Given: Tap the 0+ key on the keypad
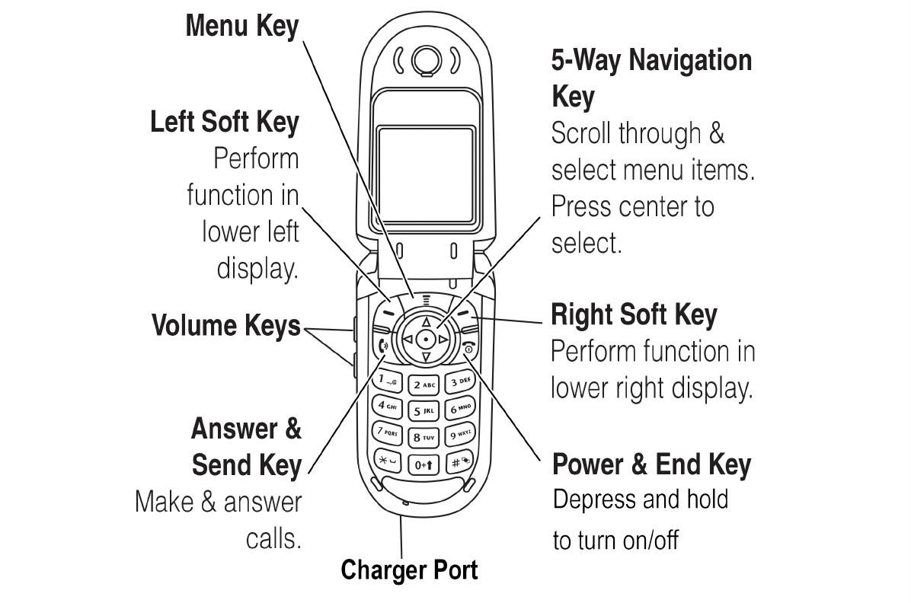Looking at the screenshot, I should click(425, 464).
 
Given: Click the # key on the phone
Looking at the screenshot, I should click(459, 461).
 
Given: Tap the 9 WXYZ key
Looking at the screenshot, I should click(460, 435).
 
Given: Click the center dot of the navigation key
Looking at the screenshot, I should click(426, 338).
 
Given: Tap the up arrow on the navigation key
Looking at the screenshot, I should click(426, 322).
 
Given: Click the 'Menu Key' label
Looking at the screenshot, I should click(242, 27).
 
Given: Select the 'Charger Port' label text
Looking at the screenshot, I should click(409, 569).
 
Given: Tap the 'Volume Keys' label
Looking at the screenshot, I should click(226, 326).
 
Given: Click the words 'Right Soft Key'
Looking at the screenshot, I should click(634, 314).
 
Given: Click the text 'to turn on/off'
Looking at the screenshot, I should click(615, 541).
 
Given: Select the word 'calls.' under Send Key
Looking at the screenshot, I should click(273, 539).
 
